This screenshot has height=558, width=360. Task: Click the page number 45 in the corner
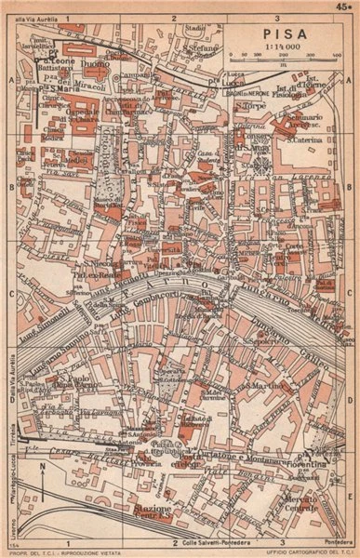tap(345, 7)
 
